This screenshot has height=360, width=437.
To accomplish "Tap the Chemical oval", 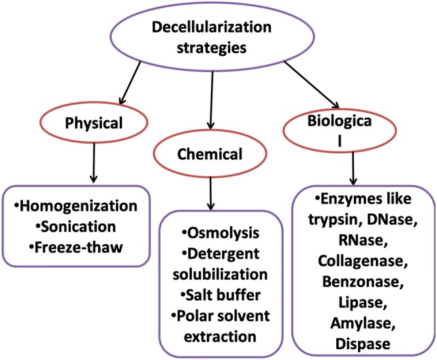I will [210, 154].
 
